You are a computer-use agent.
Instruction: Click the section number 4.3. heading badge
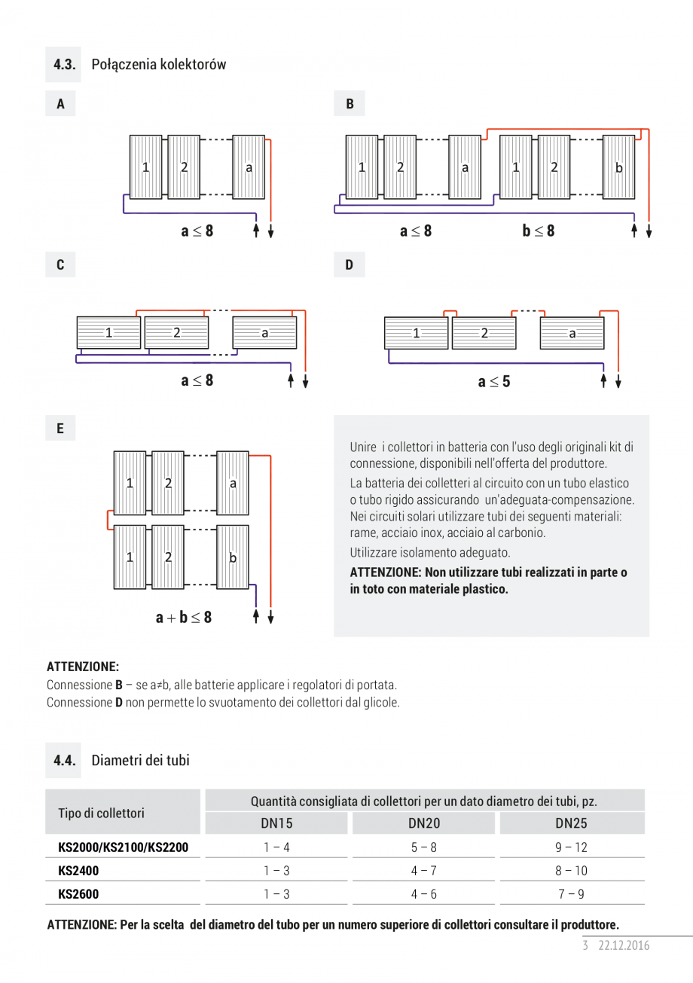[x=65, y=64]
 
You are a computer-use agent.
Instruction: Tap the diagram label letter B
[x=350, y=104]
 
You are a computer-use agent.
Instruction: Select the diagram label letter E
[x=60, y=429]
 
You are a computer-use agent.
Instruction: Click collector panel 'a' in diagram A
[x=249, y=167]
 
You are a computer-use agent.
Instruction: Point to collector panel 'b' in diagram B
[x=618, y=167]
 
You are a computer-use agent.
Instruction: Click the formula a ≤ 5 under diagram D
[x=493, y=382]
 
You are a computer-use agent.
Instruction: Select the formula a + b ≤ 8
[x=184, y=618]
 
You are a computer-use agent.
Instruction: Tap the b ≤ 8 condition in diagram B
[x=539, y=231]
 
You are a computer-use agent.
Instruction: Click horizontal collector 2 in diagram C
[x=176, y=332]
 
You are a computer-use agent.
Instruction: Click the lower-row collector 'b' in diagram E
[x=233, y=557]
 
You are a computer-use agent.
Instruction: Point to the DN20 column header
[x=424, y=824]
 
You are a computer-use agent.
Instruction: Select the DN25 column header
[x=571, y=824]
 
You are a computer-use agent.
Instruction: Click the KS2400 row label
[x=78, y=871]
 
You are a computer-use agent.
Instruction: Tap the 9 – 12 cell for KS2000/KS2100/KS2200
[x=571, y=847]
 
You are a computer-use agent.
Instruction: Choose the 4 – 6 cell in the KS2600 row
[x=424, y=894]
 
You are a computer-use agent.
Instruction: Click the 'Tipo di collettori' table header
[x=101, y=813]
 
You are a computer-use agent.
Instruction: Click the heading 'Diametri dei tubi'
[x=140, y=760]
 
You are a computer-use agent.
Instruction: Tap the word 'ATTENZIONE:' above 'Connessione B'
[x=83, y=667]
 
